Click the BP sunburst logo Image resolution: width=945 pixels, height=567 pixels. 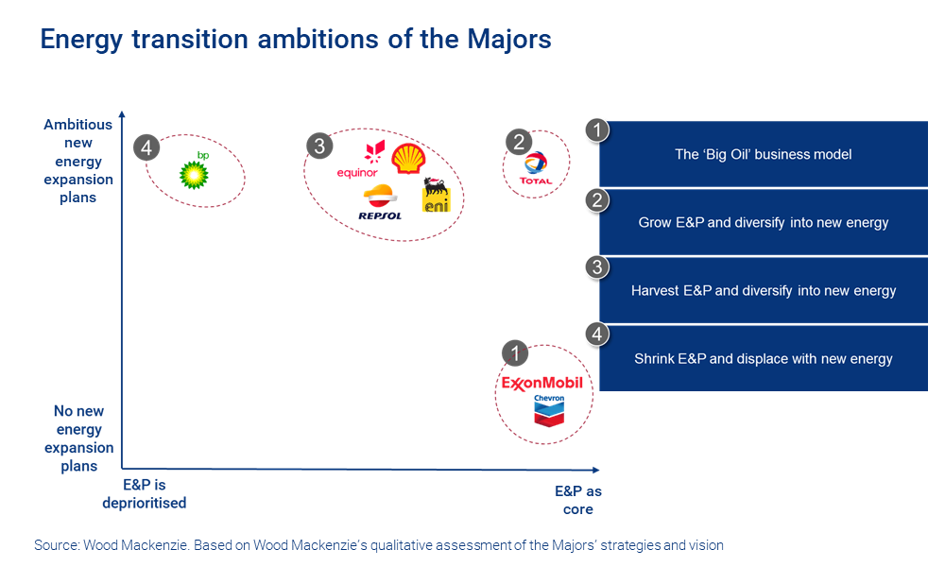pyautogui.click(x=195, y=174)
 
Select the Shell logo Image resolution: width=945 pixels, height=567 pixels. pyautogui.click(x=408, y=159)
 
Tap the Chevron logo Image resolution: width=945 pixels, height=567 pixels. pyautogui.click(x=548, y=410)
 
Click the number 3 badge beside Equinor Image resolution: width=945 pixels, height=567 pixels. pyautogui.click(x=319, y=146)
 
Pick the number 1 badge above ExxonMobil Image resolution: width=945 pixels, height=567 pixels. pyautogui.click(x=514, y=352)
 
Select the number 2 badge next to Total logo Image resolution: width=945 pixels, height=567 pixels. pyautogui.click(x=518, y=142)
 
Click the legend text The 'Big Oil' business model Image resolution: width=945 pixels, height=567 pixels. pyautogui.click(x=763, y=154)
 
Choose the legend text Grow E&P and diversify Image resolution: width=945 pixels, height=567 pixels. pyautogui.click(x=763, y=223)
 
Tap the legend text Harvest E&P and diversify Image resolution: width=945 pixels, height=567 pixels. pyautogui.click(x=763, y=291)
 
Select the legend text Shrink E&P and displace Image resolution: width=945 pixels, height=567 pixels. pyautogui.click(x=763, y=359)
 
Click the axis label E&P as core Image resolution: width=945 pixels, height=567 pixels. pyautogui.click(x=577, y=500)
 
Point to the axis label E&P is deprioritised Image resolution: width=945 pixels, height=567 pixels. pyautogui.click(x=145, y=494)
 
